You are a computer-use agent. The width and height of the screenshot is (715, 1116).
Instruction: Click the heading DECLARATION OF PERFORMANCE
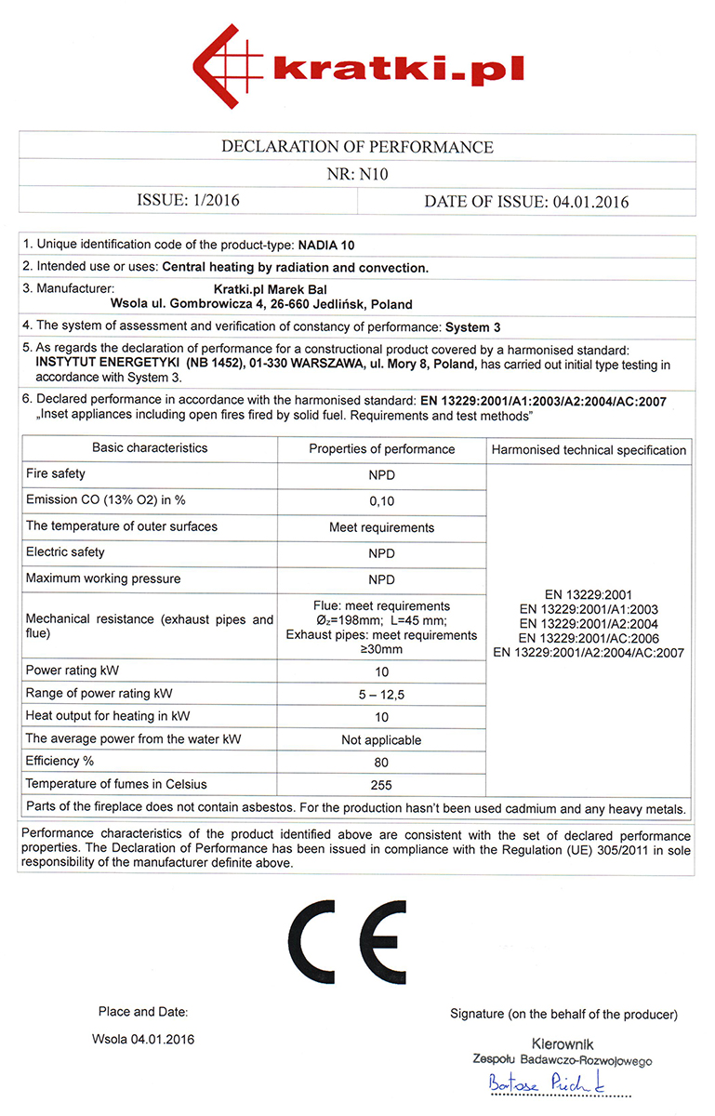click(357, 147)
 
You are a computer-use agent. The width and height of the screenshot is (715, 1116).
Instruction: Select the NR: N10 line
click(357, 174)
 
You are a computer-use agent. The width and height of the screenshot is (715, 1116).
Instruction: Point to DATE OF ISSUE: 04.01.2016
click(526, 202)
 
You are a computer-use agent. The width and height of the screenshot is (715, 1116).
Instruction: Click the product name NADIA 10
click(326, 246)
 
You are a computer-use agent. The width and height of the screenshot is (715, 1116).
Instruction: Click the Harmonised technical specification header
click(589, 450)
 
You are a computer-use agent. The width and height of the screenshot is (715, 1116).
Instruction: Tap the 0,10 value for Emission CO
click(381, 500)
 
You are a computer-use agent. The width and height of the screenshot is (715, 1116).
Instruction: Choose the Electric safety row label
click(66, 552)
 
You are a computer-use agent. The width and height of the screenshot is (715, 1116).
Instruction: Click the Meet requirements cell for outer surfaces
click(381, 527)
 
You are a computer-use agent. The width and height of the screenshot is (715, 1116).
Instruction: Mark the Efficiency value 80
click(381, 763)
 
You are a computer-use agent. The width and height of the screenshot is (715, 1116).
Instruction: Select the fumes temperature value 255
click(381, 785)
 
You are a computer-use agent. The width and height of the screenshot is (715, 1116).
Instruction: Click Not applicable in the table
click(381, 740)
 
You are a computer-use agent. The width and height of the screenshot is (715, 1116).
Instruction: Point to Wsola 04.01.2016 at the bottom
click(143, 1038)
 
